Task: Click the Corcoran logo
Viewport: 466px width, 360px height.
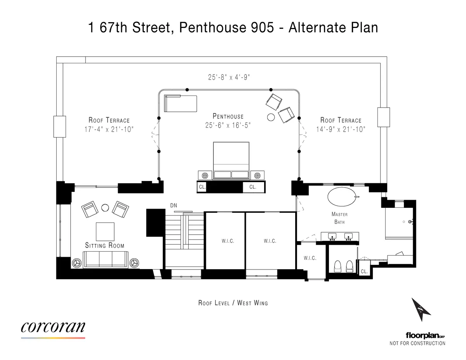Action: [53, 327]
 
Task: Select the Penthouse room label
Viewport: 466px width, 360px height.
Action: [228, 116]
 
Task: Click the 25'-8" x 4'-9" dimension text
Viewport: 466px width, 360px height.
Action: [228, 77]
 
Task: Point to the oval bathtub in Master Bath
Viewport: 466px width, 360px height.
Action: [341, 197]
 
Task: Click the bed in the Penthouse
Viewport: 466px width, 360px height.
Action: [231, 160]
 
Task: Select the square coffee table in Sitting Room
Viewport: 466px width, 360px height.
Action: [105, 232]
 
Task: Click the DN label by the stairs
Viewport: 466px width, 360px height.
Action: [174, 205]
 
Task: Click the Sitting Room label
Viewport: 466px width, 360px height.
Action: [105, 245]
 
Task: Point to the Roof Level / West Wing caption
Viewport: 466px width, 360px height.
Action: [233, 303]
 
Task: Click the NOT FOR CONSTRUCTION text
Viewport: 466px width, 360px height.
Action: [417, 343]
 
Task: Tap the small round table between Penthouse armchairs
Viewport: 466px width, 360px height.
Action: [271, 117]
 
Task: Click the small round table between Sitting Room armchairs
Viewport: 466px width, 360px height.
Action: [105, 208]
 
